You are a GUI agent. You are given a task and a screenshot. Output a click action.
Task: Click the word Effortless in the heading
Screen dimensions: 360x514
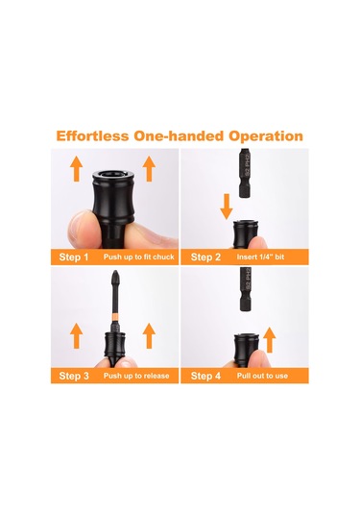[92, 136]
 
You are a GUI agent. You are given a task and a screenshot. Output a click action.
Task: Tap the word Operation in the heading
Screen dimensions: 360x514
[266, 136]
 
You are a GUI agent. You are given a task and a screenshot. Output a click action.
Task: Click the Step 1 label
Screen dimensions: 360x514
[74, 257]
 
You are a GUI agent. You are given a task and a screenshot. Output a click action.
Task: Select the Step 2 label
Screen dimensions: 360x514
[205, 257]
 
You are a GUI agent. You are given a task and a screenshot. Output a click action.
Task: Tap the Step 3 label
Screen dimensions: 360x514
[74, 376]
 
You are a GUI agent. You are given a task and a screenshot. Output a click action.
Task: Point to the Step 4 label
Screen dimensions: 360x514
[205, 376]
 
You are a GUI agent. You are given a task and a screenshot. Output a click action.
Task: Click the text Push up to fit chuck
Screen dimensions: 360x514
[139, 257]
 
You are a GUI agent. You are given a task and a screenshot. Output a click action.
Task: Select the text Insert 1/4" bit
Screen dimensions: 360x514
[260, 257]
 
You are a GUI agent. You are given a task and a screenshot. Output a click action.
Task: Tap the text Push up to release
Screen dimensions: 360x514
[136, 376]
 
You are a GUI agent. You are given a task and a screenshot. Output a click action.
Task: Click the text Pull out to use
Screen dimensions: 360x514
[262, 376]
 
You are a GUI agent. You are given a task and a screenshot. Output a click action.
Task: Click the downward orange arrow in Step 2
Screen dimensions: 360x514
[227, 207]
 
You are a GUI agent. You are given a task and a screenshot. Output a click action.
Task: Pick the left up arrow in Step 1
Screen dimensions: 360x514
[77, 168]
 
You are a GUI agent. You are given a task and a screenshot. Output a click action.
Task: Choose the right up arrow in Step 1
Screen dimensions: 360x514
[149, 168]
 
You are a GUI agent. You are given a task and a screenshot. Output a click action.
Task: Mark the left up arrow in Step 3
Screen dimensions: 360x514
[77, 335]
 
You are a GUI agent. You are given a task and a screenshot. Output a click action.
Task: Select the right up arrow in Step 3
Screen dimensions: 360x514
[149, 335]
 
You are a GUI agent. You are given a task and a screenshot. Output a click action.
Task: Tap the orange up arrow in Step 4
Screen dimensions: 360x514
[269, 339]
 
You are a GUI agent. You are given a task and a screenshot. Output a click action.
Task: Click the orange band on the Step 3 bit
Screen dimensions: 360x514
[115, 317]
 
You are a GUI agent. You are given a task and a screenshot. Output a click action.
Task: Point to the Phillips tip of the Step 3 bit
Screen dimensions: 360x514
[115, 275]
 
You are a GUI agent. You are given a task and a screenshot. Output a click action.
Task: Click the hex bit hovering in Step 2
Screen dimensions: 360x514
[245, 173]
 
